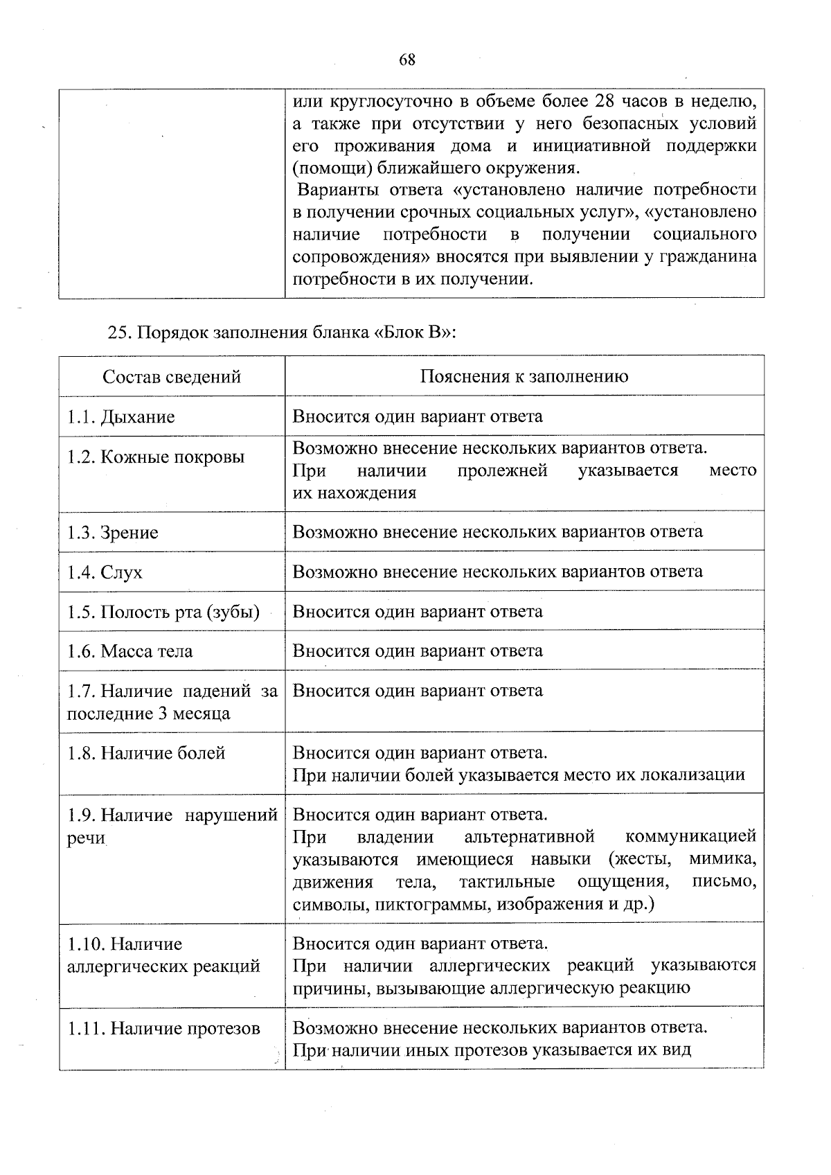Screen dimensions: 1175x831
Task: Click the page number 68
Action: [x=407, y=60]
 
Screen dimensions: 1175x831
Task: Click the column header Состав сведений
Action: [x=172, y=377]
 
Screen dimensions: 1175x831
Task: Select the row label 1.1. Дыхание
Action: [x=121, y=417]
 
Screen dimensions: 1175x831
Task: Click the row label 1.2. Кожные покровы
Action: [x=156, y=457]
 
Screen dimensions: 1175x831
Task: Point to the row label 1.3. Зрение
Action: [x=113, y=533]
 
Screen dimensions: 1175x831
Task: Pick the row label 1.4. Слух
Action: [x=105, y=572]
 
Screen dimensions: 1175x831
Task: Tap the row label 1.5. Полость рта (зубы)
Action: [x=163, y=612]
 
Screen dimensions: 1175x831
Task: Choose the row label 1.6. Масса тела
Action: [x=130, y=651]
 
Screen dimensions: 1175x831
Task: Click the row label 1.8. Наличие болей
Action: [x=146, y=753]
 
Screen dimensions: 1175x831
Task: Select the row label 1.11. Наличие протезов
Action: [x=163, y=1029]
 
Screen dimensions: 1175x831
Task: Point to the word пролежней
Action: [x=502, y=470]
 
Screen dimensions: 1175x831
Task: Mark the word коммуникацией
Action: [x=690, y=836]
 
